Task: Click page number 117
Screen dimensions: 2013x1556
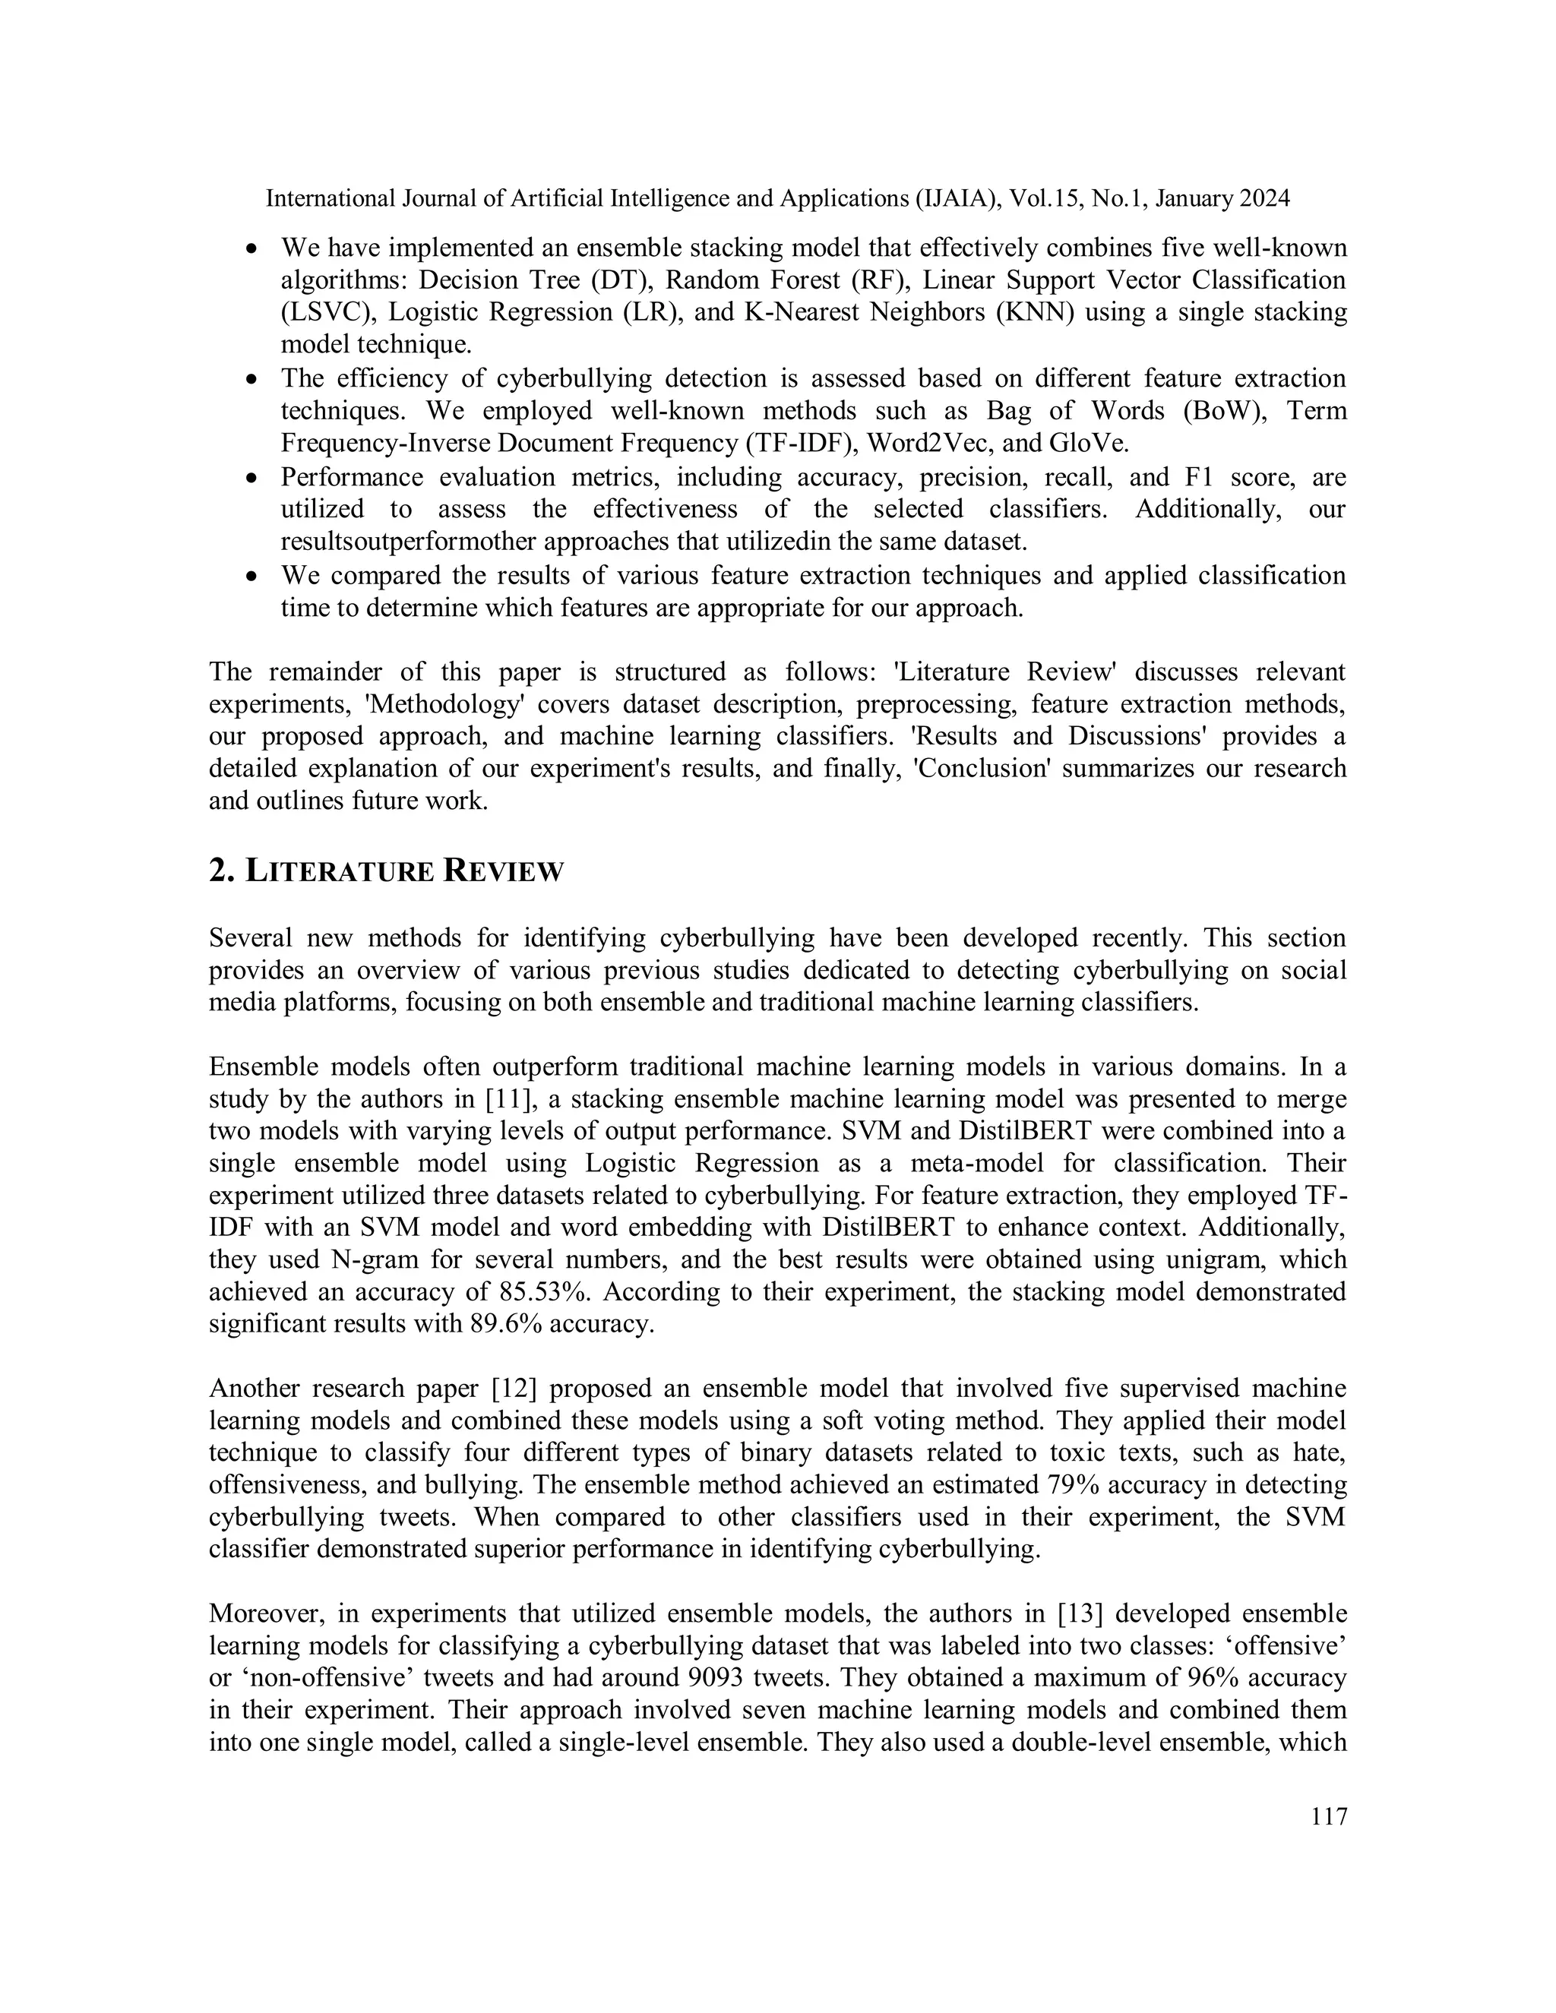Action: [x=1328, y=1817]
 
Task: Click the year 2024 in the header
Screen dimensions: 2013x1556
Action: [x=1263, y=198]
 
